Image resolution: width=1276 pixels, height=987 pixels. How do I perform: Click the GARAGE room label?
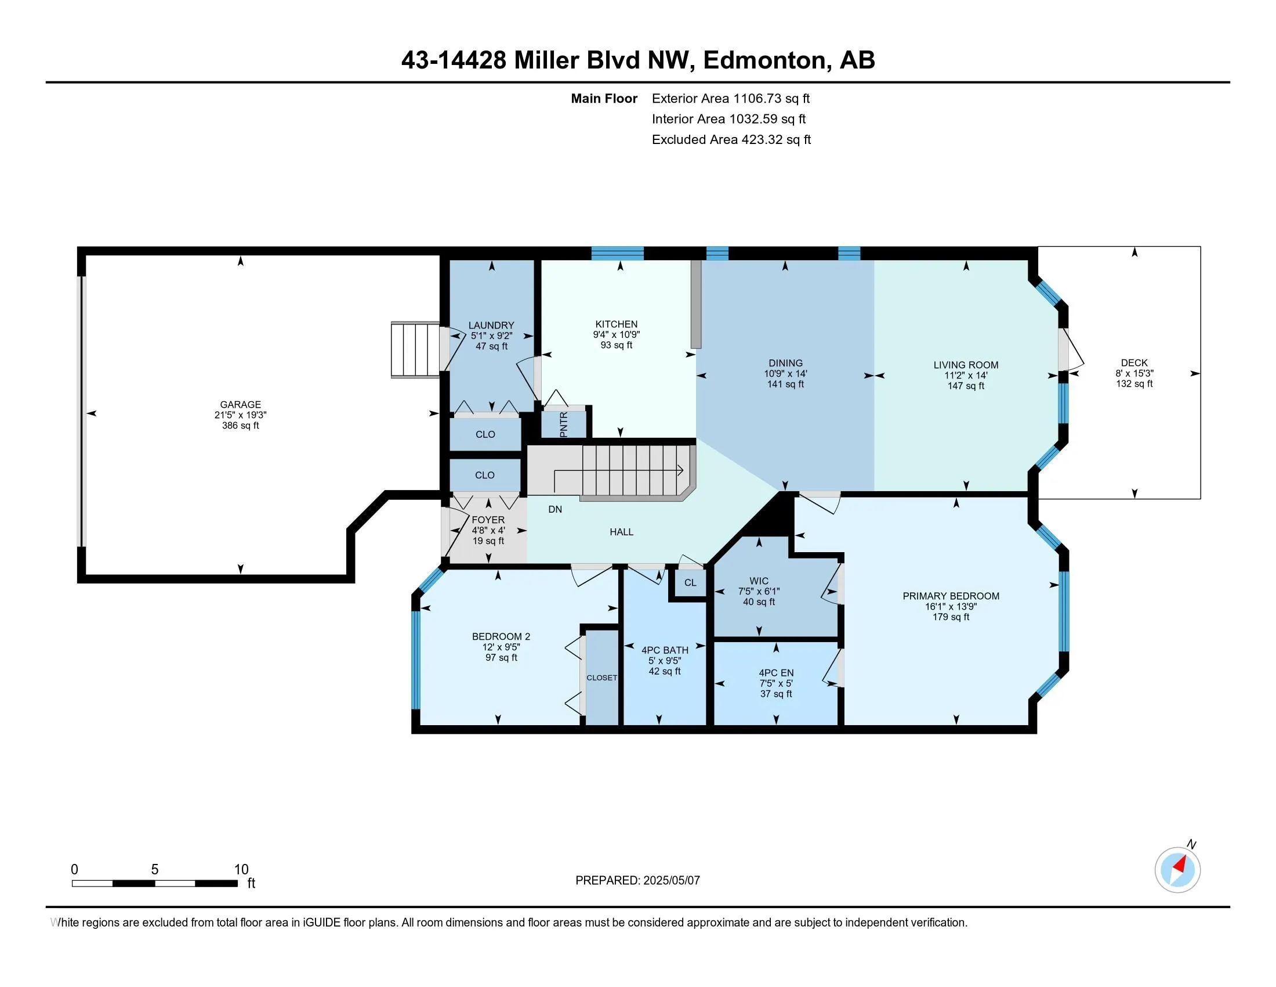click(x=240, y=405)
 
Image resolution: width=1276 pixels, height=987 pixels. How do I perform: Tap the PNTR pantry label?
click(x=563, y=424)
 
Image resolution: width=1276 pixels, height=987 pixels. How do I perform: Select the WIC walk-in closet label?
click(x=759, y=581)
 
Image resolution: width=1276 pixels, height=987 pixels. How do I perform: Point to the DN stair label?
click(x=555, y=509)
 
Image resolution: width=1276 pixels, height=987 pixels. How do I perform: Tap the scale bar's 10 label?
click(x=241, y=870)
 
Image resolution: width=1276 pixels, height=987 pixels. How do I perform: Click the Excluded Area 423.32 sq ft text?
click(x=731, y=139)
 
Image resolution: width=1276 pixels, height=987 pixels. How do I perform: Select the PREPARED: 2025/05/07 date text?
click(x=637, y=880)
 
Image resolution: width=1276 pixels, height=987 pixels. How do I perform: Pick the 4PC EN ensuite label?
click(x=776, y=673)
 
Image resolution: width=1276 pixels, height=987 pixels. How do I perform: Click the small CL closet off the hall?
click(x=690, y=582)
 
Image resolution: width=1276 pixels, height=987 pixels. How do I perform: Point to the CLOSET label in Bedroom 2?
click(x=602, y=678)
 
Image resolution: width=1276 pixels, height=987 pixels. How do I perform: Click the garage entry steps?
click(x=415, y=350)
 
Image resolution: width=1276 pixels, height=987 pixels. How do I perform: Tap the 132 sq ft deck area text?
click(x=1134, y=384)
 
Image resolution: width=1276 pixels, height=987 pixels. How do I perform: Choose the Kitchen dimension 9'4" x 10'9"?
click(x=617, y=335)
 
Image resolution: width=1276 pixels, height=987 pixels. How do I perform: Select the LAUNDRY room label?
click(x=491, y=326)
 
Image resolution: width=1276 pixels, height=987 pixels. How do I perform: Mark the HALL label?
click(x=622, y=532)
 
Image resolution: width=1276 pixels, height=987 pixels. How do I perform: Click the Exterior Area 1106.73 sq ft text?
click(x=731, y=98)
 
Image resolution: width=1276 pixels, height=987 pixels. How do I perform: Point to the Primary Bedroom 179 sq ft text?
click(x=951, y=617)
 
